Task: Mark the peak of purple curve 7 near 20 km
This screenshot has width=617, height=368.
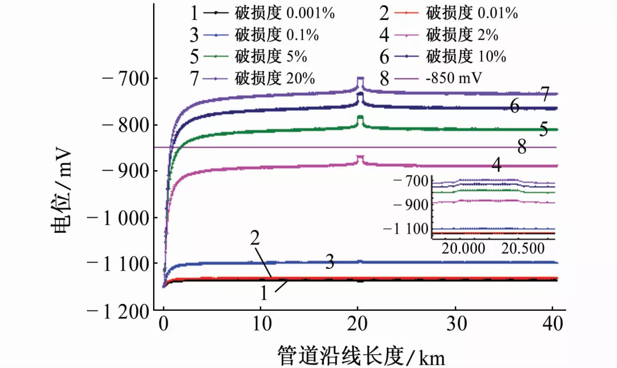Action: tap(360, 78)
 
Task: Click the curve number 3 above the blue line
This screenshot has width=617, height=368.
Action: tap(330, 263)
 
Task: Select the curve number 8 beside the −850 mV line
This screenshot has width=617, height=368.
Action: tap(522, 147)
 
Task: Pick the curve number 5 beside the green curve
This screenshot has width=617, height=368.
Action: tap(543, 130)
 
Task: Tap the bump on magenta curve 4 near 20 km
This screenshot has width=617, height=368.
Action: tap(360, 156)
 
